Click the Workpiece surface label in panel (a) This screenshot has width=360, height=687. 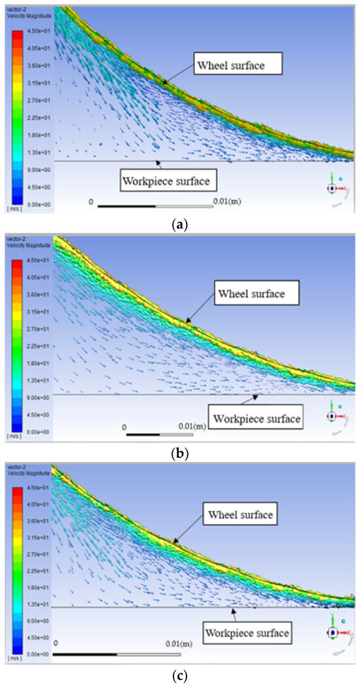tap(168, 179)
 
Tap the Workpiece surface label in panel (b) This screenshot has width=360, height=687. tap(255, 417)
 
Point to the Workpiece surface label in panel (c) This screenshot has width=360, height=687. tap(247, 633)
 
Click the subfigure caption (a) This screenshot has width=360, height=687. tap(178, 224)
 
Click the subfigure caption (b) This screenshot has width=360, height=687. tap(179, 453)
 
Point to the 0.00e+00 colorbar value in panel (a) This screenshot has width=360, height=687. tap(35, 204)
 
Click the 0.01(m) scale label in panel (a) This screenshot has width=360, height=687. tap(227, 201)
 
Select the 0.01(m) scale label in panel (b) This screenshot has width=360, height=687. tap(192, 427)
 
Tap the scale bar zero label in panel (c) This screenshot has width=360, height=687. tap(56, 644)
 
